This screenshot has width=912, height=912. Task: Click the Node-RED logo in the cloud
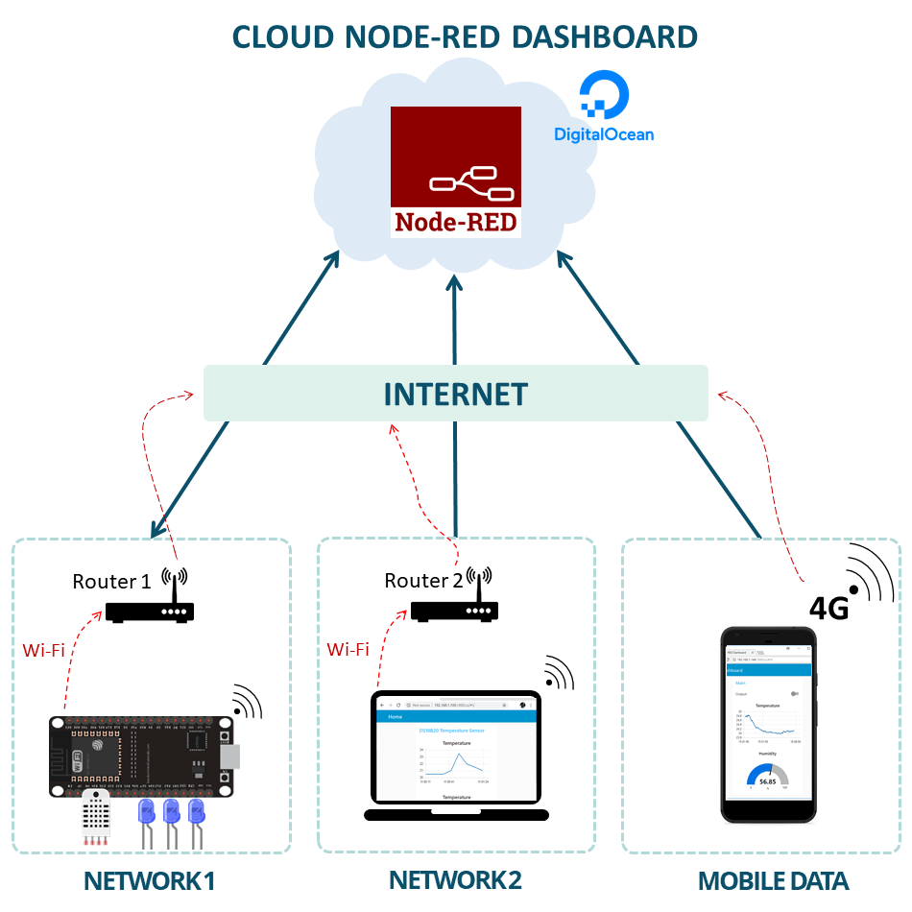click(456, 172)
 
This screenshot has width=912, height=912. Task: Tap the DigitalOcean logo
click(604, 110)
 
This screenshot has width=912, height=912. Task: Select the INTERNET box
click(455, 394)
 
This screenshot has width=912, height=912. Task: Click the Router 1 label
click(111, 581)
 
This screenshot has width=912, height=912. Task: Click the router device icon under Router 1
click(150, 612)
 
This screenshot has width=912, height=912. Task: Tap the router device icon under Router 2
click(455, 611)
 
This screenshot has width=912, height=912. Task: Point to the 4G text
click(829, 609)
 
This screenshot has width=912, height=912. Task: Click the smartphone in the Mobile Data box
click(768, 725)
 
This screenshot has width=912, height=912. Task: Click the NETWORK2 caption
click(455, 879)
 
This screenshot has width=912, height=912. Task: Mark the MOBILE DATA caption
click(773, 881)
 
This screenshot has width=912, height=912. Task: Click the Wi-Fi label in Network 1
click(43, 651)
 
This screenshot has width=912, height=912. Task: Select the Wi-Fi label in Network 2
click(348, 649)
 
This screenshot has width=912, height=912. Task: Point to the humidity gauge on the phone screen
click(767, 778)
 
